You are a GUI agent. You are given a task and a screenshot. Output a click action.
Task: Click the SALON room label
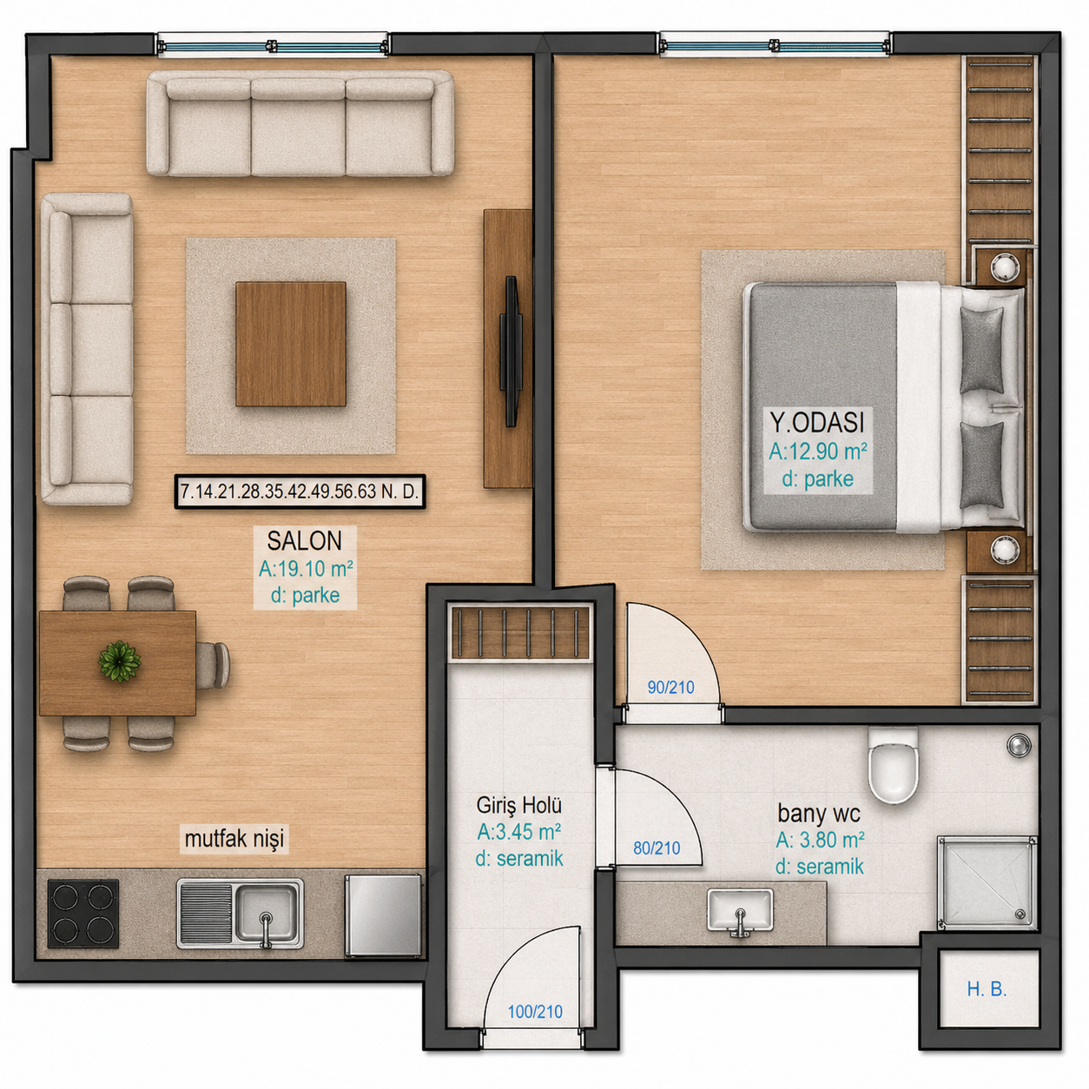coord(304,541)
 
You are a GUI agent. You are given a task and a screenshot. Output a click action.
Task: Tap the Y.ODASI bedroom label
coord(817,421)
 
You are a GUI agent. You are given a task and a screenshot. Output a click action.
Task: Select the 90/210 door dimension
coord(670,687)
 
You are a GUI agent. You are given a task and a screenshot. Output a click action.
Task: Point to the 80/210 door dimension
coord(657,848)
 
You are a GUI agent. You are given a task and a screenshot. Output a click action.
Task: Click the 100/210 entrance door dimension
coord(535,1011)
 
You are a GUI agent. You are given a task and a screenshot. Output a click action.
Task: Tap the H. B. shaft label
coord(987,989)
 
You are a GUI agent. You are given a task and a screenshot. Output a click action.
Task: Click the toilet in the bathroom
coord(893,765)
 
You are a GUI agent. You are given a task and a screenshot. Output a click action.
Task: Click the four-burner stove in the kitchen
coord(83,913)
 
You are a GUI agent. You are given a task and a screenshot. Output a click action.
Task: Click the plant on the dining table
coord(119,661)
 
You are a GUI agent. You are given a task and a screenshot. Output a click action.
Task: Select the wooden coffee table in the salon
coord(290,344)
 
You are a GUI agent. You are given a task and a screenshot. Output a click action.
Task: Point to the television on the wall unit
coord(511,351)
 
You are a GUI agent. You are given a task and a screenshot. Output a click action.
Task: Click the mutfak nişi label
coord(234,839)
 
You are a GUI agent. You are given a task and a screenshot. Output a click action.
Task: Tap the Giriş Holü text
coord(518,804)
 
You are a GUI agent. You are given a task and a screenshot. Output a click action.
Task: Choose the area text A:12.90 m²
coord(818,452)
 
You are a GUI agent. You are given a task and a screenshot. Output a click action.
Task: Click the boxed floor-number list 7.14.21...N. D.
coord(300,492)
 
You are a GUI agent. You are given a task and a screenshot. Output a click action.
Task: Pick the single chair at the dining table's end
coord(213,664)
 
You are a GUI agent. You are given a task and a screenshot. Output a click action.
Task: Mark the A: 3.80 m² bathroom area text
coord(820,840)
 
